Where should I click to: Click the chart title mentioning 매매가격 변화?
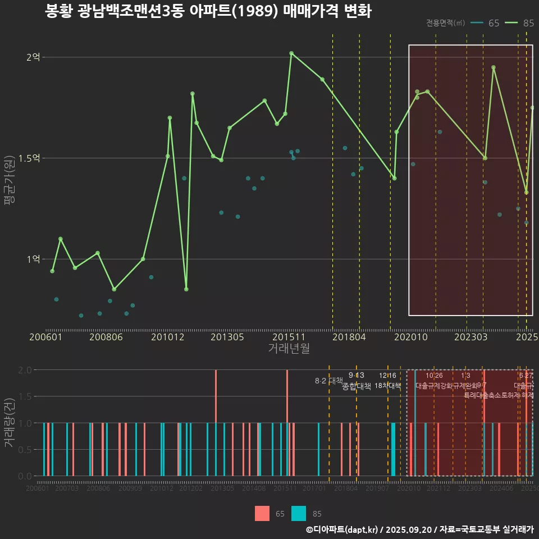click(208, 11)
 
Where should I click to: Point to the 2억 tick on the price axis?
click(34, 57)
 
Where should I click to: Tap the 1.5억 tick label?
click(30, 158)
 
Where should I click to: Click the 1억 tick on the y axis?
click(34, 259)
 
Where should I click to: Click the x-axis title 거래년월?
click(289, 349)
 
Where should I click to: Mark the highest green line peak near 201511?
click(291, 53)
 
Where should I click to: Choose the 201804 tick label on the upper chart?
click(350, 337)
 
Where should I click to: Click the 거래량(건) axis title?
click(10, 423)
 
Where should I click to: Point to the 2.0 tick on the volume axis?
click(25, 370)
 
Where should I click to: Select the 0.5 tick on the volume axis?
click(25, 450)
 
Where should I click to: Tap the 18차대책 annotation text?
click(387, 386)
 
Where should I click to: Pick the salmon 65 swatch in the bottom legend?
click(262, 514)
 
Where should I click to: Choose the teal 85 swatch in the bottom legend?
click(299, 514)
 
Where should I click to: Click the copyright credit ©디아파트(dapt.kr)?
click(343, 529)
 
